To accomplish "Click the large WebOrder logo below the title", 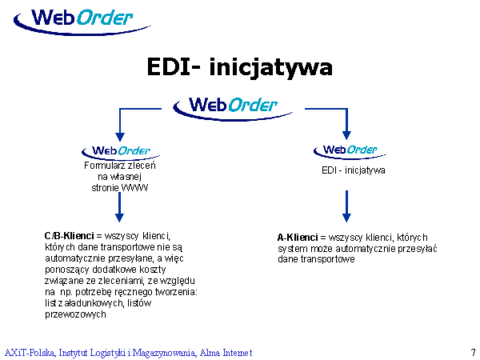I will (226, 106).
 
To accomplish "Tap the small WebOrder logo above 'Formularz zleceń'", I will (120, 150).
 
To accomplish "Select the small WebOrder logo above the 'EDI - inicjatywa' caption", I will (346, 150).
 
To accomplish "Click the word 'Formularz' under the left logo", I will (102, 166).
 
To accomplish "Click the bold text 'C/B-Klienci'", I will (70, 237).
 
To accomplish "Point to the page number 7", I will (473, 352).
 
